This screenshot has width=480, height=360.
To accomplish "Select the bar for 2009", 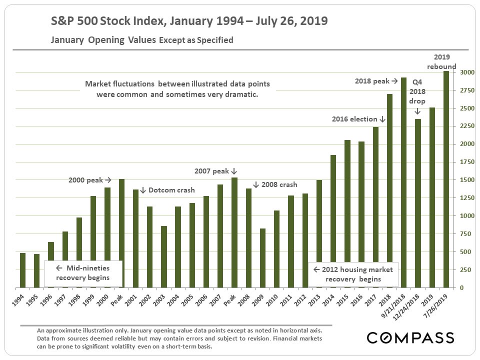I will point(262,258).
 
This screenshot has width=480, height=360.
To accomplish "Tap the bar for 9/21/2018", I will point(404,182).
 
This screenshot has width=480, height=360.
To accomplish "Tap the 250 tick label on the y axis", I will point(465,270).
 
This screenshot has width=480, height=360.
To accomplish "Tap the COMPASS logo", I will point(410,337).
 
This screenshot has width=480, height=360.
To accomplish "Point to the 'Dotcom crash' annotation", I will point(171,190).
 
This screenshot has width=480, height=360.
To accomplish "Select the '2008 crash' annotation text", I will point(278,184).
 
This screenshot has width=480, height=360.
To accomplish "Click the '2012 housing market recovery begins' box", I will point(353,274).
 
